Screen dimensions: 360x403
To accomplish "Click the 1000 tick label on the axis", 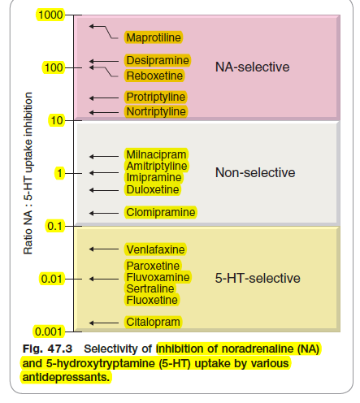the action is tap(50, 15).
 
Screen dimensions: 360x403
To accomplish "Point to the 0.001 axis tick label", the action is tap(49, 331).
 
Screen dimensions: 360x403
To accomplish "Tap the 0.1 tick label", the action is tap(54, 226).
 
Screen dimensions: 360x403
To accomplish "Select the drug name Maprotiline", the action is tap(154, 37).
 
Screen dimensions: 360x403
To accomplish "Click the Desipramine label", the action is tap(158, 60).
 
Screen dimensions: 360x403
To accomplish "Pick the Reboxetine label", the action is tap(154, 76).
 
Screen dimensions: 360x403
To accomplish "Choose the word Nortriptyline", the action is tap(156, 111).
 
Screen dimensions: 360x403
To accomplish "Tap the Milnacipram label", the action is tap(156, 154).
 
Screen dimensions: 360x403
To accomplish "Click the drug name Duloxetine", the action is tap(153, 189).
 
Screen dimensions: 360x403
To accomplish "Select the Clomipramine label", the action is tap(161, 212).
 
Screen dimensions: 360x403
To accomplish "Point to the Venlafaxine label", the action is tap(155, 249).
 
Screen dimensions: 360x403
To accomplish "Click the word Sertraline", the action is tap(150, 288).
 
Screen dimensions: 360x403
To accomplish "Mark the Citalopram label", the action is tap(153, 322).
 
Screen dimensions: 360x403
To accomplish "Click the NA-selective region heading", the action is tap(253, 67).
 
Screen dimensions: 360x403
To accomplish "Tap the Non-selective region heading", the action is tap(255, 172).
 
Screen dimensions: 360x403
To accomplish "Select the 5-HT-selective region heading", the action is tap(258, 278).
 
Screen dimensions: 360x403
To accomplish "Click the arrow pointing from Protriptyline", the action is tap(104, 98).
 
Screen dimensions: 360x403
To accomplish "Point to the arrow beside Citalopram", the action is tap(104, 323).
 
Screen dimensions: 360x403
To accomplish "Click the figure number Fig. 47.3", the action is tap(47, 349).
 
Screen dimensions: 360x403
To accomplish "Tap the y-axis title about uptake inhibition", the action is tap(28, 173).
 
